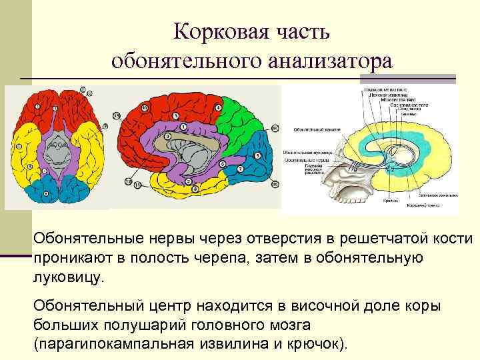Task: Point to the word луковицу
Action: click(x=69, y=275)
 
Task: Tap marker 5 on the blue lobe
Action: click(x=257, y=155)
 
